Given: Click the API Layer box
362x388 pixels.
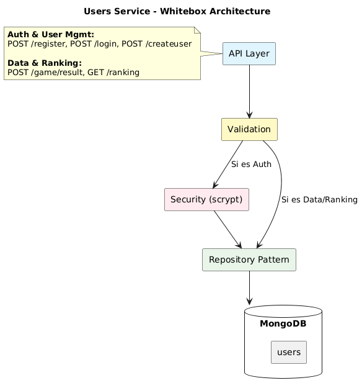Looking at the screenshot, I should click(x=249, y=54).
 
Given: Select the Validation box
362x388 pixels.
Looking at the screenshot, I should click(x=249, y=129).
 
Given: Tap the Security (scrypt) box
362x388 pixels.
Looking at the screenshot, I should click(x=206, y=199).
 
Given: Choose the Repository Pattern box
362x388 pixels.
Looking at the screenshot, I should click(x=249, y=259).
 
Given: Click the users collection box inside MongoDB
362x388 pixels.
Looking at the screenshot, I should click(x=289, y=352).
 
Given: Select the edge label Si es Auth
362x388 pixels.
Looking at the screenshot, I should click(x=251, y=165).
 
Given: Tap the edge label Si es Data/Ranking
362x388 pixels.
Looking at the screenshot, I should click(x=319, y=200).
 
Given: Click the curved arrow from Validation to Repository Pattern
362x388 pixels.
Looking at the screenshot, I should click(x=280, y=186).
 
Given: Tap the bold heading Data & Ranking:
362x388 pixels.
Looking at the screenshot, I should click(x=45, y=63).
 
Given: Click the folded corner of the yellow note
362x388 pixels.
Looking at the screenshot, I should click(x=197, y=30).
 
